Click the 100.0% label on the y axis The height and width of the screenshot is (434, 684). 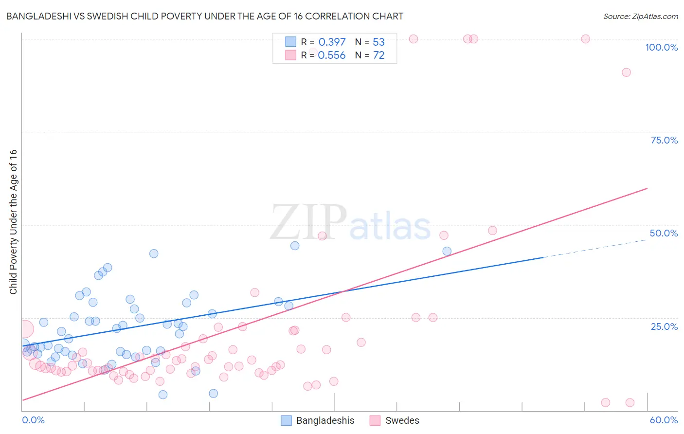tap(661, 47)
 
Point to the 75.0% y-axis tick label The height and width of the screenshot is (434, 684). tap(664, 140)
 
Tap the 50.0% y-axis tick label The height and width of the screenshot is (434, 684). tap(664, 233)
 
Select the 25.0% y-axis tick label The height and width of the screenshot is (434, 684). tap(664, 326)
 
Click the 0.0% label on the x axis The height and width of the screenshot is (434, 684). tap(33, 420)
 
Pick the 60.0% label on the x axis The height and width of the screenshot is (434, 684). tap(664, 420)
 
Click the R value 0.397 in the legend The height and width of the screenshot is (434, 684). tap(332, 42)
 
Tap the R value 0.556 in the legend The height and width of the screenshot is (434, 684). tap(332, 55)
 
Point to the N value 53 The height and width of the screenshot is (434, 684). tap(378, 42)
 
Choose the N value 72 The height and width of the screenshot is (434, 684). tap(378, 55)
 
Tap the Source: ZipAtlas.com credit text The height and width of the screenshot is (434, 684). tap(640, 16)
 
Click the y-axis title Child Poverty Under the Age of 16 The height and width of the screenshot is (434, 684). tap(13, 222)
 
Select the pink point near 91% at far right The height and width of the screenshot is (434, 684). tap(626, 72)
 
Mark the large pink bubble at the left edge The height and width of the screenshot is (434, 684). tap(24, 329)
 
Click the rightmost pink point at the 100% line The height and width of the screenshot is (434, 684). tap(585, 39)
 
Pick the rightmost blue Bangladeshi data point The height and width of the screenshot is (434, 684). tap(447, 252)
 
